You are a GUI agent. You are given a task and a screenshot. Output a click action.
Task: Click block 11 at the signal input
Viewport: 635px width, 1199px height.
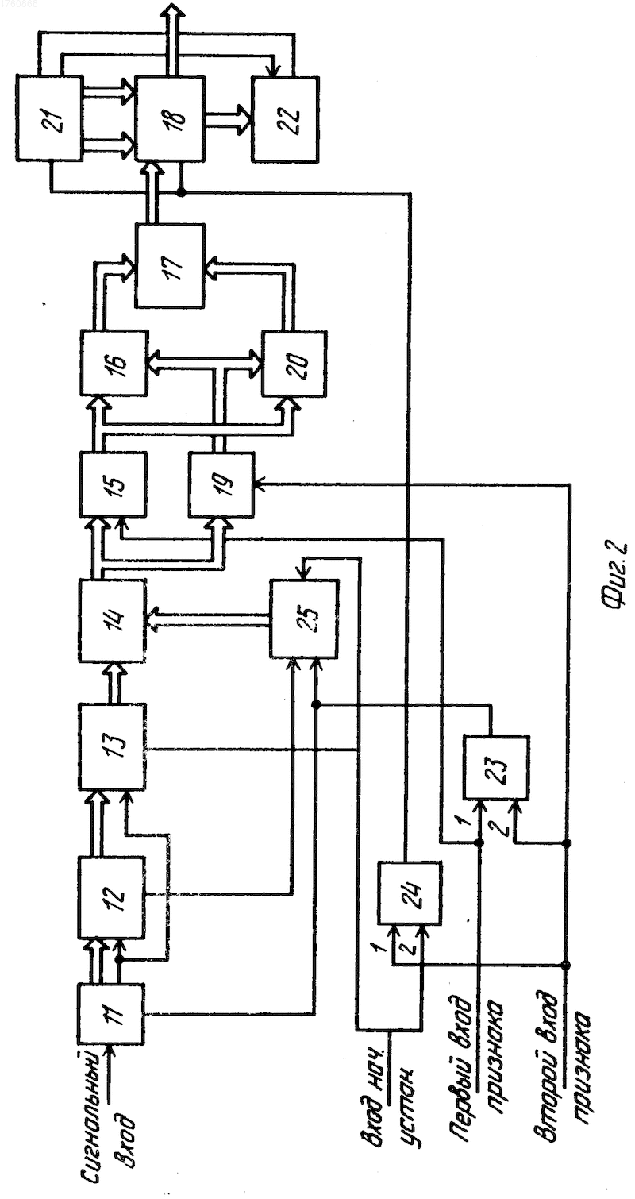point(112,1012)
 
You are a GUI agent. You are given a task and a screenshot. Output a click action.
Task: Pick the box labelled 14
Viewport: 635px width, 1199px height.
point(112,620)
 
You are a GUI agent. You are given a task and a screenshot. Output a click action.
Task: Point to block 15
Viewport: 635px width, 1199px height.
point(113,484)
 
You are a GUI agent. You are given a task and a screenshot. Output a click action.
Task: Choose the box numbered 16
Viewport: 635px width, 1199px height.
point(114,363)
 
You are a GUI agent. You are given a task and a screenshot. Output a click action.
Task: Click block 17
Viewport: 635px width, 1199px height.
point(170,265)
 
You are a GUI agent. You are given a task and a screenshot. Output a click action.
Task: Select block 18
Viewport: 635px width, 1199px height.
point(170,118)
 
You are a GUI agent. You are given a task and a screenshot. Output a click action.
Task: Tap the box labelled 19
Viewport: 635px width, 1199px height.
point(221,484)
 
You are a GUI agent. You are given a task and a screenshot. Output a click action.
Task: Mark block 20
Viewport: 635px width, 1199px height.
point(294,364)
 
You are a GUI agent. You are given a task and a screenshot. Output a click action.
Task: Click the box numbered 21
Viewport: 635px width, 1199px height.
point(49,118)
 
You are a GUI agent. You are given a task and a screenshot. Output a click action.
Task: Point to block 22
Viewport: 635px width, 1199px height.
point(286,119)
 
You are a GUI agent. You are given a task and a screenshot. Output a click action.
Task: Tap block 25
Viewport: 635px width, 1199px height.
point(303,619)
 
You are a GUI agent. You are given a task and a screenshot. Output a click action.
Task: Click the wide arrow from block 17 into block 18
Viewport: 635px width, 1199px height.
point(152,193)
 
